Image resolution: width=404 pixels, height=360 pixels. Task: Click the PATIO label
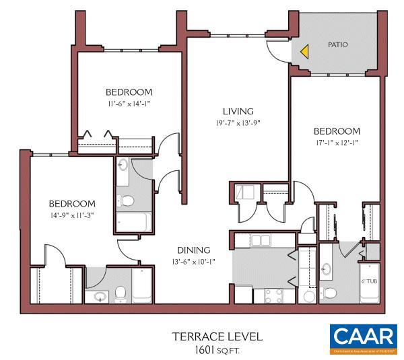click(x=337, y=44)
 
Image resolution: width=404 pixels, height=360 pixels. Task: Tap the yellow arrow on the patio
click(x=304, y=50)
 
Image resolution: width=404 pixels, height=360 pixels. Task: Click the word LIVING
click(x=238, y=111)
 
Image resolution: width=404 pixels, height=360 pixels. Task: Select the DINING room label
click(x=194, y=250)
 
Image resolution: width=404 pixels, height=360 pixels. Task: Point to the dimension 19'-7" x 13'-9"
click(x=238, y=123)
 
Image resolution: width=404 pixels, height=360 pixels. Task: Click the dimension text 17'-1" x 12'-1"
click(x=337, y=143)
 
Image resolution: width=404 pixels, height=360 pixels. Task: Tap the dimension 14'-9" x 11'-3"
click(x=71, y=215)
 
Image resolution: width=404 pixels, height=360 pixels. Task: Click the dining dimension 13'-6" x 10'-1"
click(x=194, y=262)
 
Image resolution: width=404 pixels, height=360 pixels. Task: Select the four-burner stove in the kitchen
click(x=272, y=295)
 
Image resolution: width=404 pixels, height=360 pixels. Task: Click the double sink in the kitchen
click(x=261, y=240)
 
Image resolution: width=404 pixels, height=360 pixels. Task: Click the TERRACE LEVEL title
click(x=216, y=336)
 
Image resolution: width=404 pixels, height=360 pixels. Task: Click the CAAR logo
click(x=363, y=338)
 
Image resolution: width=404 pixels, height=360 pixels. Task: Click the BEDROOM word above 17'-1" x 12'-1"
click(x=337, y=131)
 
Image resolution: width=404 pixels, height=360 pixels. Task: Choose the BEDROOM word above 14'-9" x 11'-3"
click(x=71, y=203)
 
